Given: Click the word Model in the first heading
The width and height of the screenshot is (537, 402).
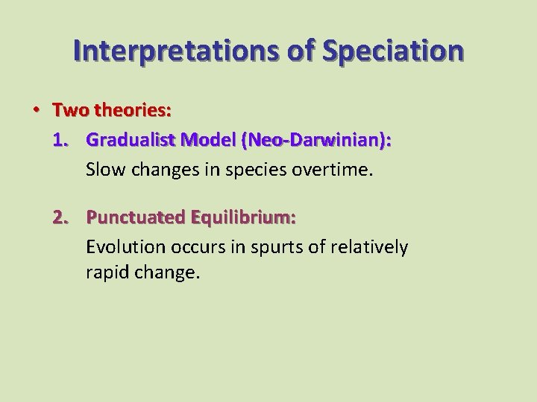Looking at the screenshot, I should click(211, 140).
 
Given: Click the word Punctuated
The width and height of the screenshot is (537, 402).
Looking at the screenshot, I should click(136, 217).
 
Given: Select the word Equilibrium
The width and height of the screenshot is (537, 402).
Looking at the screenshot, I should click(243, 217).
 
